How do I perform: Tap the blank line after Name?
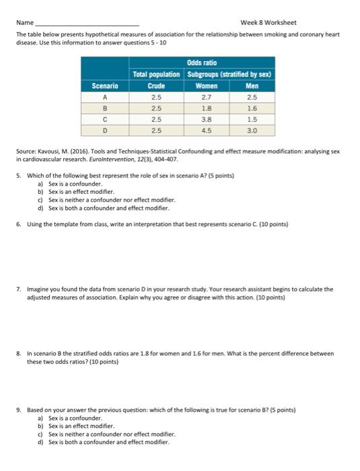pos(87,24)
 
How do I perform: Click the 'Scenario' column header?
pos(104,86)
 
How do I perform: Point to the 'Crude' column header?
pos(156,86)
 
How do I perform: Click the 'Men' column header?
pos(252,86)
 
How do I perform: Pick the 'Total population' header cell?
pos(156,74)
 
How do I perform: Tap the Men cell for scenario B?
pos(252,108)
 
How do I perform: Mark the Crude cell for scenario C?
pos(156,119)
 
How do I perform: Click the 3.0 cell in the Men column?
pos(252,130)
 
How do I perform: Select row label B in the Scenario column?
pos(104,108)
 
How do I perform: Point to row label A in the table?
pos(104,97)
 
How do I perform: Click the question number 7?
pos(20,289)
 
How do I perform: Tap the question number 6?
pos(20,224)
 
